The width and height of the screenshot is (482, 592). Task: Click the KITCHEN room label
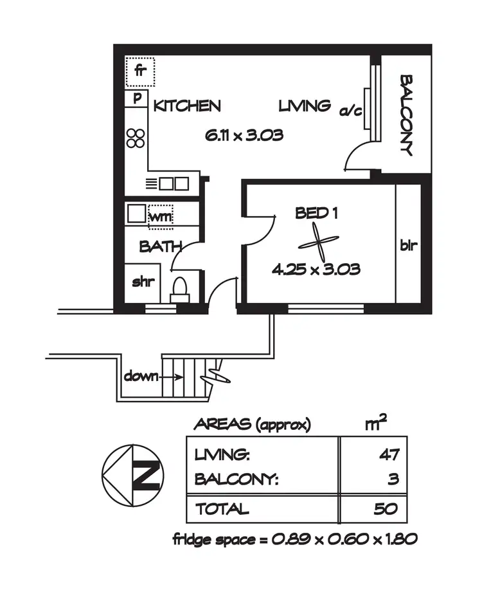(x=187, y=106)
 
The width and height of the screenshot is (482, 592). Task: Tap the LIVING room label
(x=305, y=106)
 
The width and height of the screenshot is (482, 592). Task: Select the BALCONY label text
(x=406, y=115)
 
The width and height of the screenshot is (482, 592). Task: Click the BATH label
(x=160, y=246)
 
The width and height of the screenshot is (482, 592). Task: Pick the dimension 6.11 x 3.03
(x=244, y=136)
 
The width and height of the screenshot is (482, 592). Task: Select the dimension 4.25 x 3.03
(x=316, y=270)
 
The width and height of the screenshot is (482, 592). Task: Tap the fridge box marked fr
(x=140, y=72)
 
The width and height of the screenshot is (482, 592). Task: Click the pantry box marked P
(x=137, y=99)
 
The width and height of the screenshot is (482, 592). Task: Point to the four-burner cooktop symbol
(x=136, y=138)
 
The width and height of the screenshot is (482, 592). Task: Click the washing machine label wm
(x=161, y=217)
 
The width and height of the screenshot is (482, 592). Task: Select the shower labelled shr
(x=141, y=282)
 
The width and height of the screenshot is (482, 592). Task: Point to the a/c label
(x=351, y=111)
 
